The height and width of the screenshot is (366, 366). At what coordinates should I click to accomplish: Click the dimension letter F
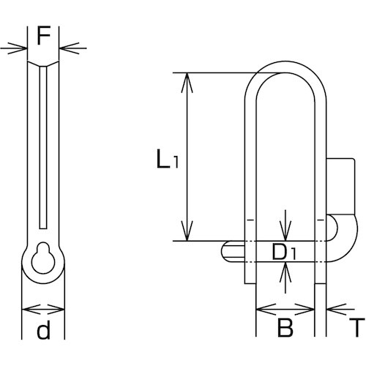[44, 35]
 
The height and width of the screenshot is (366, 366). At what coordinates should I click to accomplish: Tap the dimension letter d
[44, 329]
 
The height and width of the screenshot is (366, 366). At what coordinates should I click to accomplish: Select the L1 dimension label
[168, 159]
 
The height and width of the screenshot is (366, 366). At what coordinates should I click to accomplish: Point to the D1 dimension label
[284, 252]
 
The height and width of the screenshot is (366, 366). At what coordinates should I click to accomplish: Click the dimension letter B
[285, 328]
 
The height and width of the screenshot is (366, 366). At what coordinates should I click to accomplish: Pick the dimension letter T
[357, 328]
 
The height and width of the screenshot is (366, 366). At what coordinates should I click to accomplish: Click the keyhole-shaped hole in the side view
[43, 258]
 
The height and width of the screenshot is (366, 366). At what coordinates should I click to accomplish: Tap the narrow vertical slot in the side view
[43, 148]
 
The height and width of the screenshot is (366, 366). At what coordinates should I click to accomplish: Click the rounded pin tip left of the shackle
[232, 252]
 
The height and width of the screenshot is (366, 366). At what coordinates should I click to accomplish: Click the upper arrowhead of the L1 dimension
[187, 83]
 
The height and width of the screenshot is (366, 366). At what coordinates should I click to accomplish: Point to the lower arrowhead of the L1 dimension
[187, 231]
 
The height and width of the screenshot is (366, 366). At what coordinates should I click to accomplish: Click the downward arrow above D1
[285, 225]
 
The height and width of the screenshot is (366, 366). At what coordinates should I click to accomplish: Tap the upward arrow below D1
[285, 277]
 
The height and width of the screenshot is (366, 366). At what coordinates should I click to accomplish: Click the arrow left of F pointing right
[13, 48]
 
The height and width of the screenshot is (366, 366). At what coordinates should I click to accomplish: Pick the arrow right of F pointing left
[73, 48]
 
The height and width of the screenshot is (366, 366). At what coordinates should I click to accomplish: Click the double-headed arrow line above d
[43, 310]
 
